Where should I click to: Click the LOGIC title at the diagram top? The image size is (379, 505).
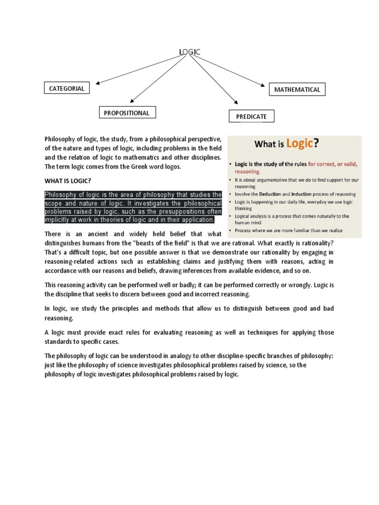(189, 52)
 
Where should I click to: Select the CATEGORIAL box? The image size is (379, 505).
(67, 89)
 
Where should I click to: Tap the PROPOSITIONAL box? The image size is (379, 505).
(127, 113)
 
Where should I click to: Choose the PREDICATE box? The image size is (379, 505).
(251, 116)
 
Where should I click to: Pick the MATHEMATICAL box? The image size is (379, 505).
(297, 90)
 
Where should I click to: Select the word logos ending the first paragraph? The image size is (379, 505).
(171, 167)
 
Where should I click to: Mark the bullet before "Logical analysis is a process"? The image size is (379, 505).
(230, 216)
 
